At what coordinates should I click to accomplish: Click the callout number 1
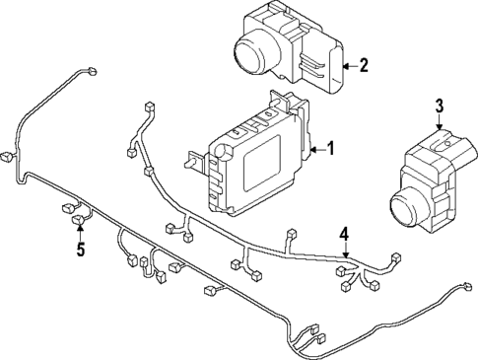point(330,150)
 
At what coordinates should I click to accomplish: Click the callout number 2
point(363,66)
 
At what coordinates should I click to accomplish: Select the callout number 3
point(440,107)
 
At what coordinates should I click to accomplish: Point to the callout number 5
point(80,249)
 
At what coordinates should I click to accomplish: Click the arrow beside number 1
point(315,150)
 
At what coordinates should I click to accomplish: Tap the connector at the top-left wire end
point(92,70)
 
